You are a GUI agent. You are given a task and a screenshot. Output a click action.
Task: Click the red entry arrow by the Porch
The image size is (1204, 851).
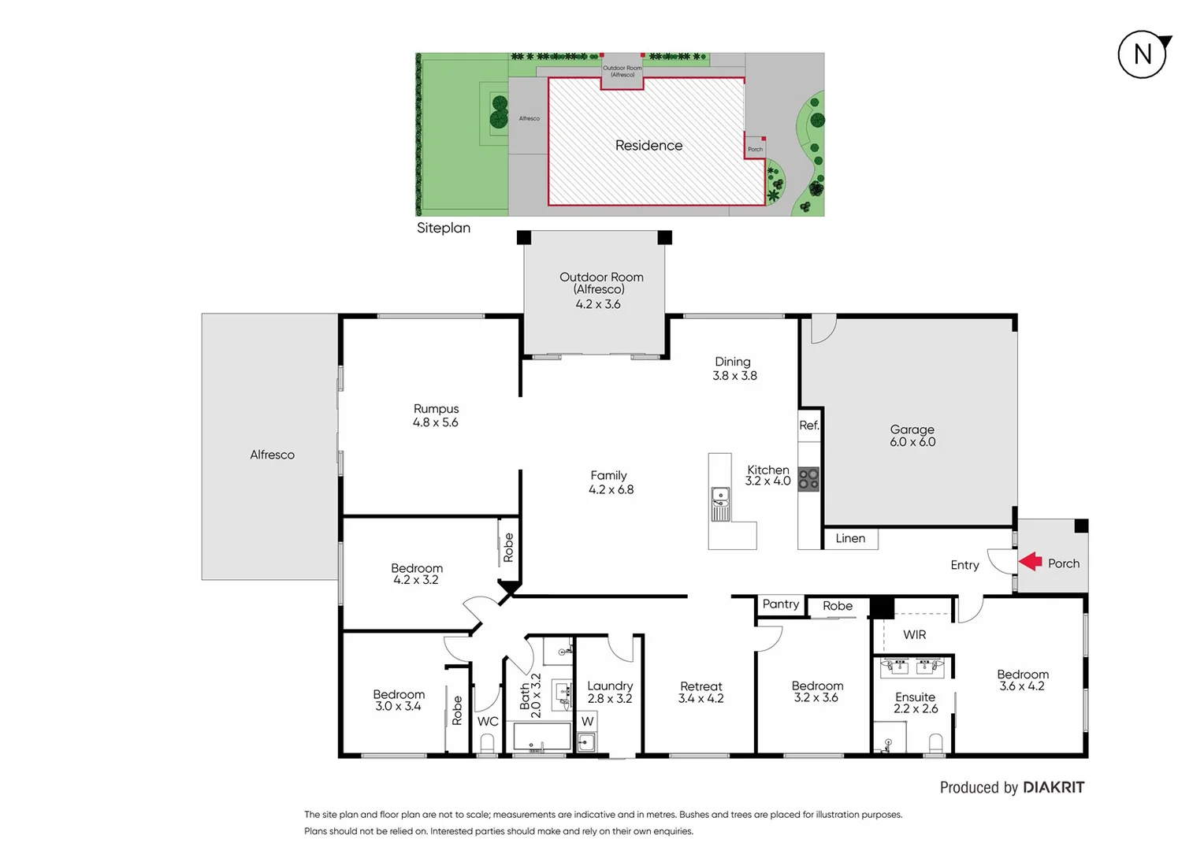[x=1030, y=561]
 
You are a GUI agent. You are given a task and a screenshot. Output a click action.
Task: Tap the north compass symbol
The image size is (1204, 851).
[x=1143, y=54]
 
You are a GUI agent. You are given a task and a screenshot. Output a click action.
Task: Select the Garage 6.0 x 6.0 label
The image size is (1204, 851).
[x=912, y=436]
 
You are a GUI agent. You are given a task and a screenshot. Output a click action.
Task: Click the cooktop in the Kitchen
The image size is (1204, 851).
[x=808, y=479]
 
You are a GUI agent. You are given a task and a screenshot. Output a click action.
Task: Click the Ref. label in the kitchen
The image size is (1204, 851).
[x=809, y=425]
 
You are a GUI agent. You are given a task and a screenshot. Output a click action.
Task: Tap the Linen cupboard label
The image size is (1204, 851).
[x=850, y=538]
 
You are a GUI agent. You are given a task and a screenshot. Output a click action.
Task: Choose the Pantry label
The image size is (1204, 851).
[x=781, y=604]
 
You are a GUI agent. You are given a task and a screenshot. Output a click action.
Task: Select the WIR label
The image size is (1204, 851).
[x=914, y=634]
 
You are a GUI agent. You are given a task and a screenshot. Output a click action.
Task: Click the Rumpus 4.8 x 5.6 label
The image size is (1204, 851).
[x=436, y=415]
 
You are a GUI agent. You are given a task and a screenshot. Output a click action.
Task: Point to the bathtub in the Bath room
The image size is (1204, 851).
[x=542, y=738]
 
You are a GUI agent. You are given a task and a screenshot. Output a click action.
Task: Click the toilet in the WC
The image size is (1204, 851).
[x=487, y=744]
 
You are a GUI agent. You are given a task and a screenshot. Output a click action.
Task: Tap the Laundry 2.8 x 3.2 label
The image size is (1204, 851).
[x=610, y=692]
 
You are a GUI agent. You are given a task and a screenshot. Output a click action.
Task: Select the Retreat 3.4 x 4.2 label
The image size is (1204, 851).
[x=700, y=692]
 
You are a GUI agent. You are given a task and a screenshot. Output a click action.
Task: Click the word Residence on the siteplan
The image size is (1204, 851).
[x=648, y=146]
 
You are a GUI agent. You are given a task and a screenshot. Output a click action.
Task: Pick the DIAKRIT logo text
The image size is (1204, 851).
[x=1053, y=787]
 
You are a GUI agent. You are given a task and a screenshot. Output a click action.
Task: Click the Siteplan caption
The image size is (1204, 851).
[x=444, y=228]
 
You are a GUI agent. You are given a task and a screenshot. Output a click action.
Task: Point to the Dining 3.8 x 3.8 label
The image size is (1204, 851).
[x=734, y=369]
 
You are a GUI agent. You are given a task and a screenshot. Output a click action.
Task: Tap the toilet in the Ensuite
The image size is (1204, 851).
[x=935, y=742]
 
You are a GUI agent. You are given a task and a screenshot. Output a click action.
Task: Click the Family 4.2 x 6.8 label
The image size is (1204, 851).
[x=611, y=482]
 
